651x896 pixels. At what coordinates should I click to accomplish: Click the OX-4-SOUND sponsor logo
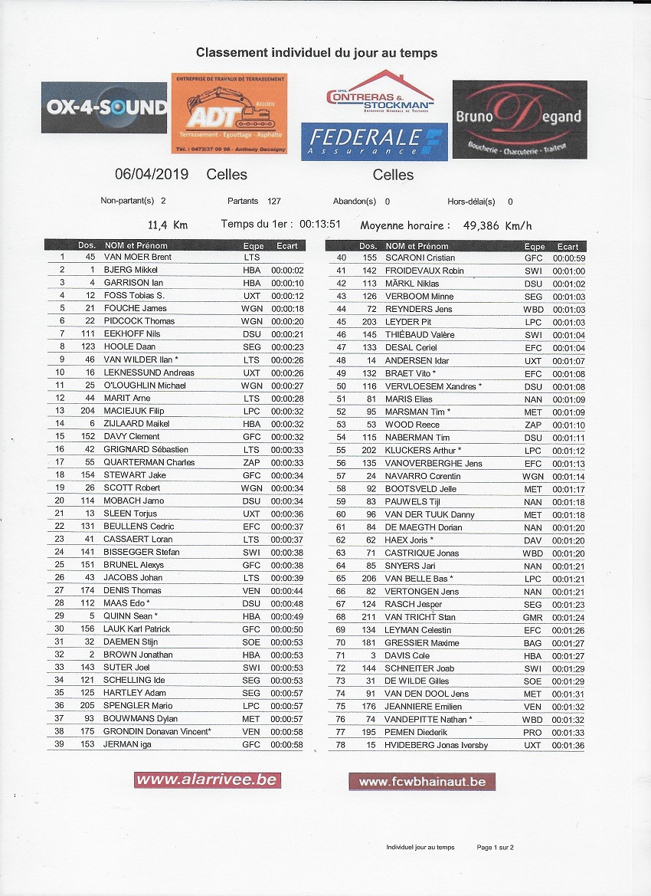coord(104,107)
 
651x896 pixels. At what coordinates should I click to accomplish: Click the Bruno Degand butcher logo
coord(519,119)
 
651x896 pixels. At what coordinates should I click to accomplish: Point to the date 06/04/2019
coord(152,175)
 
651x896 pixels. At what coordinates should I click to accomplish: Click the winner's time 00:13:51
coord(319,225)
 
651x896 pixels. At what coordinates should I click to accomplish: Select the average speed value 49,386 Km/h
coord(498,226)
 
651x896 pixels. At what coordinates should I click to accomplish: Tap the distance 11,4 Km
coord(168,225)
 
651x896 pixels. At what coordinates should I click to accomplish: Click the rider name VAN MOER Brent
coord(138,257)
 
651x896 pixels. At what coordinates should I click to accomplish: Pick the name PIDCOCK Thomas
coord(139,321)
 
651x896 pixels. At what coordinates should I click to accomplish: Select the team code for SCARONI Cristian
coord(534,258)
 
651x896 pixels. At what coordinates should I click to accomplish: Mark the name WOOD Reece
coord(412,425)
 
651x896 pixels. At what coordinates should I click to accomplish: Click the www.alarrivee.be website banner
coord(208,780)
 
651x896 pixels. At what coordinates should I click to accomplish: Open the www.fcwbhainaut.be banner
coord(422,782)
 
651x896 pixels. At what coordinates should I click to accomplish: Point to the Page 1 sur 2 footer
coord(495,847)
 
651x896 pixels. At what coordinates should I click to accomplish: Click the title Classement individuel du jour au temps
coord(317,53)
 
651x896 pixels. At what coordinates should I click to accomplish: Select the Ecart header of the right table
coord(568,247)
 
